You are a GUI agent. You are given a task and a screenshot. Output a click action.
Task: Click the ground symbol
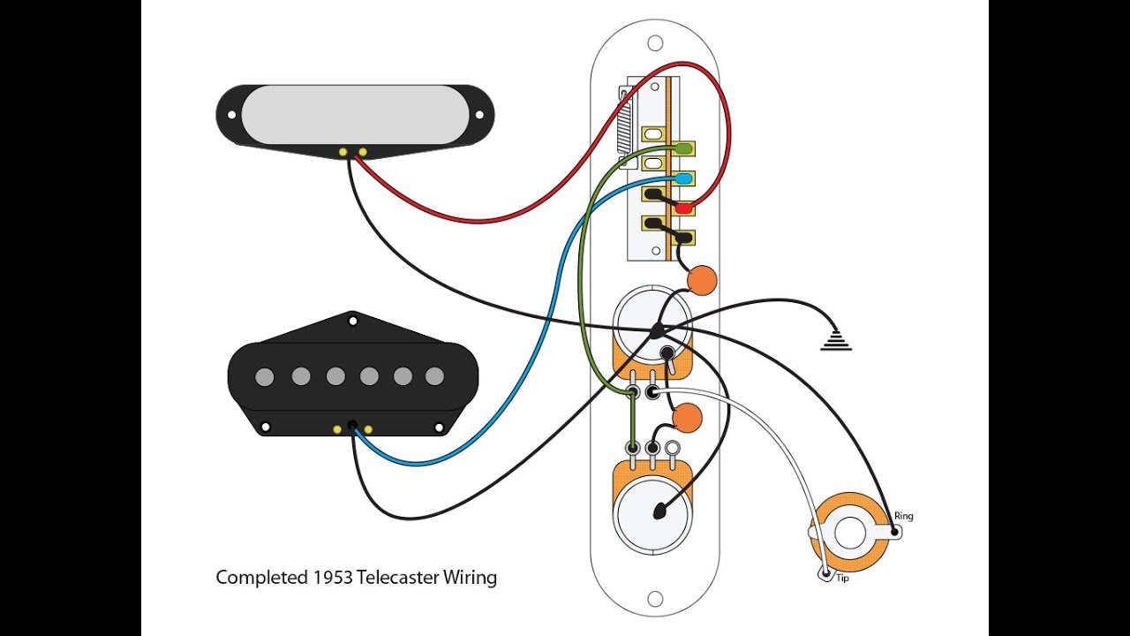click(836, 341)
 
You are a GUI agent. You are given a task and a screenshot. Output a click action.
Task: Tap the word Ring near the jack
click(904, 516)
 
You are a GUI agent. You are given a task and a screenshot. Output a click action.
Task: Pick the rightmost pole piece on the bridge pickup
click(434, 376)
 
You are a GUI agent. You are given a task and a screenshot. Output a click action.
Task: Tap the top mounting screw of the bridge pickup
click(352, 315)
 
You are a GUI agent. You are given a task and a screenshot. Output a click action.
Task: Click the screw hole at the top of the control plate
click(655, 42)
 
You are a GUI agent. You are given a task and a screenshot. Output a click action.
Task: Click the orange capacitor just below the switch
click(702, 280)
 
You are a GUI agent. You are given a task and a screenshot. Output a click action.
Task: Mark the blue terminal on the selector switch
click(683, 179)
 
